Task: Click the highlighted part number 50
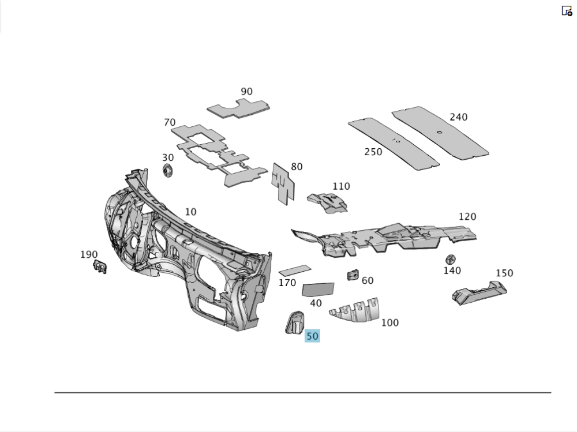[x=312, y=336]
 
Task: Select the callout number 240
[x=458, y=117]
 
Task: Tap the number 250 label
[x=373, y=152]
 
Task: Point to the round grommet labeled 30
[x=168, y=171]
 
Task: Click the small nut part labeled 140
[x=451, y=260]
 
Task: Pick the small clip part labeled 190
[x=99, y=266]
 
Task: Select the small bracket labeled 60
[x=353, y=275]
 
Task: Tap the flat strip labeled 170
[x=295, y=269]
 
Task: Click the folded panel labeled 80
[x=283, y=183]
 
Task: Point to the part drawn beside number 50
[x=295, y=322]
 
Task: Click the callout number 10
[x=190, y=212]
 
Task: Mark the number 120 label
[x=467, y=217]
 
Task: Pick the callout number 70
[x=170, y=122]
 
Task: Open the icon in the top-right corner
[x=567, y=10]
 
